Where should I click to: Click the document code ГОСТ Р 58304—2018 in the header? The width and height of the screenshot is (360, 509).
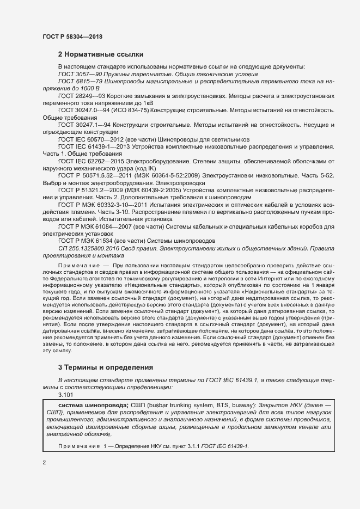coord(72,36)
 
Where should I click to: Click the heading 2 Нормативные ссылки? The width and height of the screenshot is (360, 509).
coord(101,54)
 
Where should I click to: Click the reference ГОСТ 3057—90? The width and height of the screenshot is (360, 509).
coord(77,73)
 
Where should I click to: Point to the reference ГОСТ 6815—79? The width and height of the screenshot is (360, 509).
coord(77,81)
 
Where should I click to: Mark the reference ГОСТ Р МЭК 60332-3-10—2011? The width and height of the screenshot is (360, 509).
coord(103,204)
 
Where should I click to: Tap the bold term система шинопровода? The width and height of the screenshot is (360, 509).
coord(93,405)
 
